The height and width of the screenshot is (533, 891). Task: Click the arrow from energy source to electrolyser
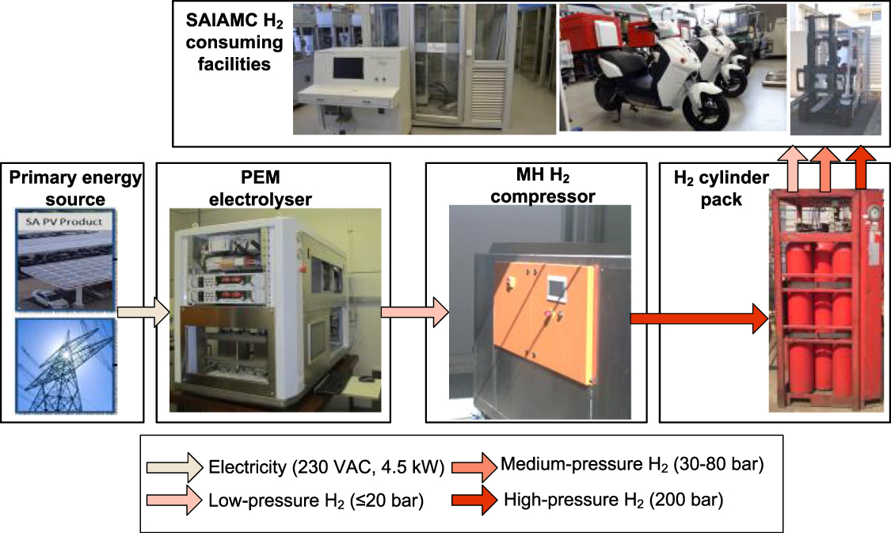click(x=143, y=312)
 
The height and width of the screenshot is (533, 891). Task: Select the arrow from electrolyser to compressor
click(x=413, y=312)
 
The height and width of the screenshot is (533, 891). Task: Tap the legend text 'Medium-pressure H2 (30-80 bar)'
click(x=631, y=465)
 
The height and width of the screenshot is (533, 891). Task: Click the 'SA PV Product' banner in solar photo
click(x=71, y=222)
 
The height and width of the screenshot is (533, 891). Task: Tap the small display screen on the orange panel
click(x=560, y=288)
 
